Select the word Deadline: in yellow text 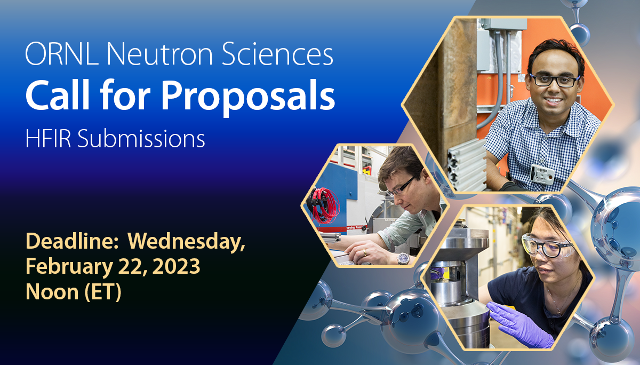[x=72, y=242]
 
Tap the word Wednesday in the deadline [x=186, y=242]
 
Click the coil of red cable [x=324, y=204]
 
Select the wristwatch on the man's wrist [x=403, y=258]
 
